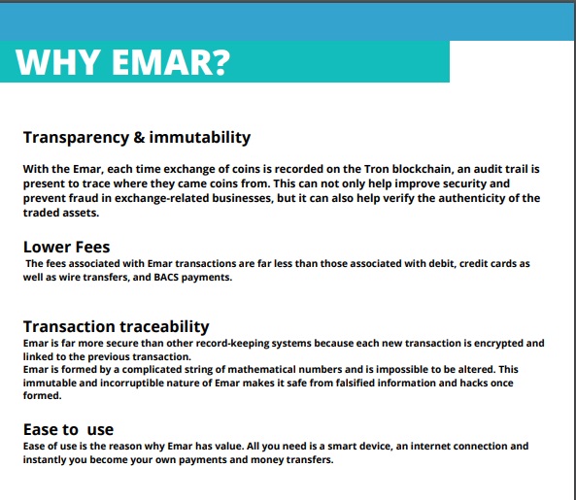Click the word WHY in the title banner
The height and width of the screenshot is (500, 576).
(x=58, y=62)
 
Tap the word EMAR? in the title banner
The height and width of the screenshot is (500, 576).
(x=171, y=62)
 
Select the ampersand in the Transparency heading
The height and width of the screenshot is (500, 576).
(x=139, y=137)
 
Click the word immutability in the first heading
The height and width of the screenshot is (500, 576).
(x=200, y=138)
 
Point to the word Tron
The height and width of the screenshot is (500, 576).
(x=377, y=169)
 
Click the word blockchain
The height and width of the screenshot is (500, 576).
(x=422, y=169)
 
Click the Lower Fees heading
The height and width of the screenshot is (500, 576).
(x=66, y=247)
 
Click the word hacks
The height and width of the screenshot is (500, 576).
(x=474, y=383)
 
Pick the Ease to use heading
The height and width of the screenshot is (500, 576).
(x=68, y=429)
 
